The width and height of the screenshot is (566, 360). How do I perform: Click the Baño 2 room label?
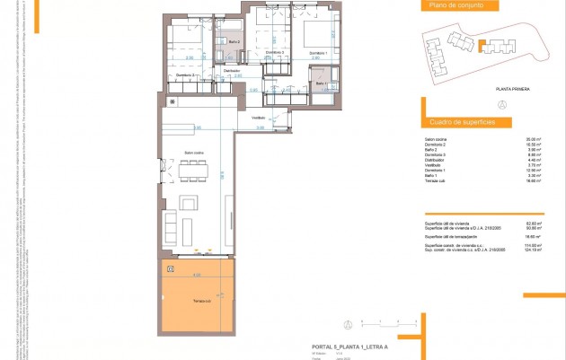point(233,43)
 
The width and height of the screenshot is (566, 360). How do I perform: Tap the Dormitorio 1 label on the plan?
point(317,54)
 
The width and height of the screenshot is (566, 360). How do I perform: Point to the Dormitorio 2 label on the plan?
point(275,53)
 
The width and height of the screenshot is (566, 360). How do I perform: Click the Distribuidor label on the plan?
point(231,70)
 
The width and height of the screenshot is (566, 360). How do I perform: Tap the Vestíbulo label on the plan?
point(258,118)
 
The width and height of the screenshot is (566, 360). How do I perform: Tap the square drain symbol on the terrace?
point(170,268)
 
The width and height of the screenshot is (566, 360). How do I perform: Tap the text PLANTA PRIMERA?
point(514,90)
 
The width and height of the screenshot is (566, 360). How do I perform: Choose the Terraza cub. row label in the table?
point(437,180)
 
